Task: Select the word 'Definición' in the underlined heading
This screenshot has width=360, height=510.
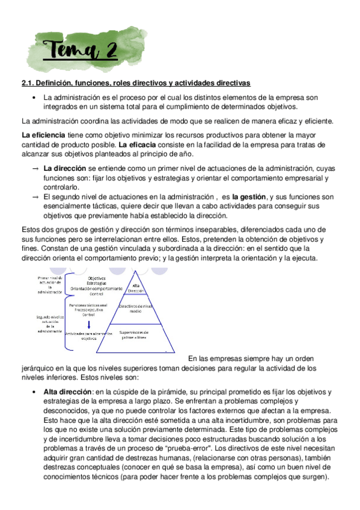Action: [x=55, y=82]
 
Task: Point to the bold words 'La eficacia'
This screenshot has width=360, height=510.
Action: [x=139, y=144]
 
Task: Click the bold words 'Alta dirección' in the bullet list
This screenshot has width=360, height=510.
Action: [x=68, y=392]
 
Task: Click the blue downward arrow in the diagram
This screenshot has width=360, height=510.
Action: [x=89, y=325]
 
